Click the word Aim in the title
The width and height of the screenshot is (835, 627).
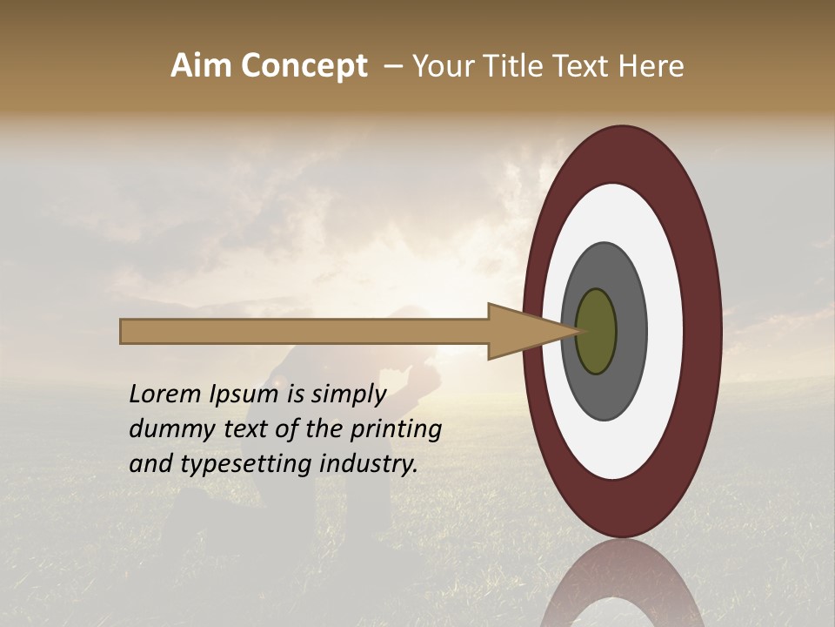200,66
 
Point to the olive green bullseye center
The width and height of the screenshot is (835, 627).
597,332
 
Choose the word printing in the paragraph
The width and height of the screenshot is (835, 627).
397,430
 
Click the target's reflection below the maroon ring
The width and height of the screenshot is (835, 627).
622,583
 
